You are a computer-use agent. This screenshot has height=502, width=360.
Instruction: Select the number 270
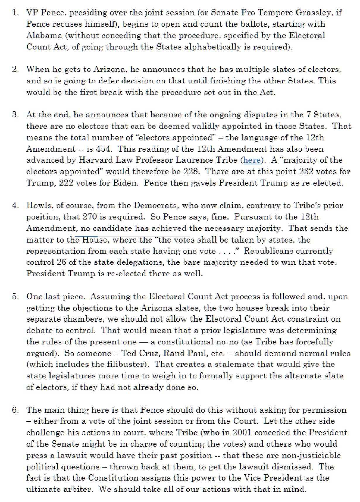pyautogui.click(x=90, y=217)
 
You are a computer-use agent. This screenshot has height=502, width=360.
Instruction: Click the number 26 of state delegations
pyautogui.click(x=61, y=262)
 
